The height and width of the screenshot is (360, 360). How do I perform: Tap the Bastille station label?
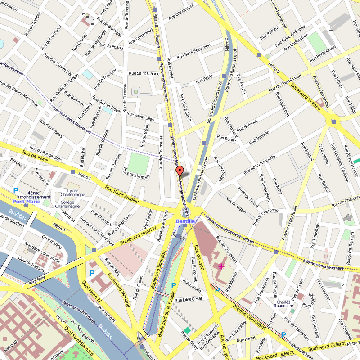click(185, 221)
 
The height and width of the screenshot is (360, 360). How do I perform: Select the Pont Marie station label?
click(27, 202)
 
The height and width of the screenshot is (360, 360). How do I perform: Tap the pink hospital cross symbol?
click(221, 267)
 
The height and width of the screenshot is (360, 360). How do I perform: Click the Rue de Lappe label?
click(236, 205)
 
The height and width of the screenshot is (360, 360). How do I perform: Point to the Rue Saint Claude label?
click(144, 73)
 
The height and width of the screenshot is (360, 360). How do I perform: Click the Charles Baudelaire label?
click(283, 304)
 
